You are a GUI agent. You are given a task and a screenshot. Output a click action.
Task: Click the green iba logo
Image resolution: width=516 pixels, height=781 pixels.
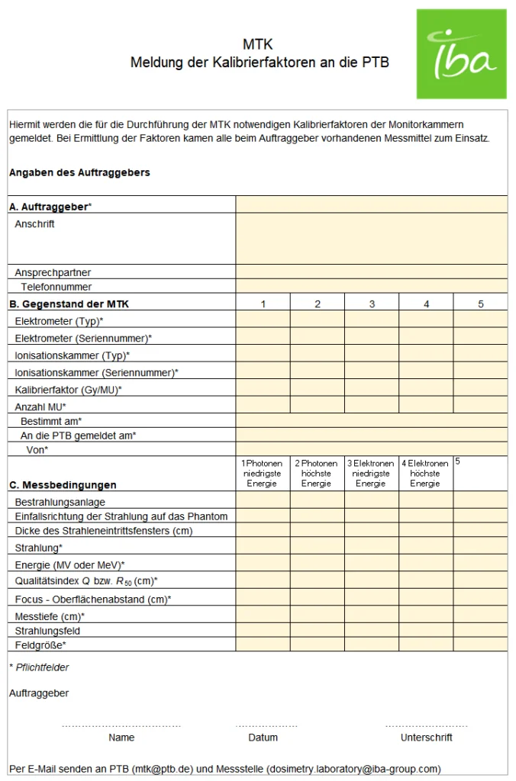click(461, 54)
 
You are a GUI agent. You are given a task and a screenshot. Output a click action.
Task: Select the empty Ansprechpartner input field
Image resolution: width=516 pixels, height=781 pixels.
click(371, 272)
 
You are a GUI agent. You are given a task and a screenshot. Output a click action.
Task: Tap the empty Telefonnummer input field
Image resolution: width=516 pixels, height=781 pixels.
click(371, 287)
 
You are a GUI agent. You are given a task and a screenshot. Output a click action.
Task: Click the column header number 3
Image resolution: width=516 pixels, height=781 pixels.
click(372, 304)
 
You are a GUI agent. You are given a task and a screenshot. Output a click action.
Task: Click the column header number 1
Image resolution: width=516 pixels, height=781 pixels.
click(263, 304)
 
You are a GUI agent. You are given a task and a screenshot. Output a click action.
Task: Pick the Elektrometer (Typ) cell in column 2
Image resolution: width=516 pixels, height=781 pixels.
click(317, 320)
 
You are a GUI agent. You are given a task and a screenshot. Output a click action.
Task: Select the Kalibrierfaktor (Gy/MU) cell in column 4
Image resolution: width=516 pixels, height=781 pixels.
click(426, 389)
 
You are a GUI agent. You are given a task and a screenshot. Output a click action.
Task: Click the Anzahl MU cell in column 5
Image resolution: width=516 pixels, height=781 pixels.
click(480, 406)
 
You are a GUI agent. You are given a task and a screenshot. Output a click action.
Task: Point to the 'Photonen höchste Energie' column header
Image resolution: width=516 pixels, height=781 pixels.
click(317, 473)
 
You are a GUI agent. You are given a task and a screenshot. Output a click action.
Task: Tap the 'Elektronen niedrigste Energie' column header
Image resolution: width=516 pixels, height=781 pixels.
click(371, 473)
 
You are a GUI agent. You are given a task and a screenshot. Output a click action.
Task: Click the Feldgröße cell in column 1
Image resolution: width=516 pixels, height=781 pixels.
click(263, 644)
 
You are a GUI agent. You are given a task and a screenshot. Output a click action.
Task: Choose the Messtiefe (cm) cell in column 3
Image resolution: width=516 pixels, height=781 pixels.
click(371, 615)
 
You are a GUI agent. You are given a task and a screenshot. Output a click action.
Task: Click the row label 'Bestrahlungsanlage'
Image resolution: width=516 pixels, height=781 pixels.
click(60, 502)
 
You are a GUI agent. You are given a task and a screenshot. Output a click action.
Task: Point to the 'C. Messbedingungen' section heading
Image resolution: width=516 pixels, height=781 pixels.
click(63, 484)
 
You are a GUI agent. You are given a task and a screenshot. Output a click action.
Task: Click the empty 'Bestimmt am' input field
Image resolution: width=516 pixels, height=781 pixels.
click(371, 420)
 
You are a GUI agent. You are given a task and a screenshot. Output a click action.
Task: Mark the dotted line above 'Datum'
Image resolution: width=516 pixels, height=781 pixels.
click(266, 725)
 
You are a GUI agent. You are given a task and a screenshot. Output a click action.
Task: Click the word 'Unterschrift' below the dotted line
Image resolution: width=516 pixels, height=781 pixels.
click(426, 738)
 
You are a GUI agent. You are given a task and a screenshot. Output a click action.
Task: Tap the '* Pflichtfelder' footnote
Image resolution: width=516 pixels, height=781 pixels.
click(39, 667)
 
